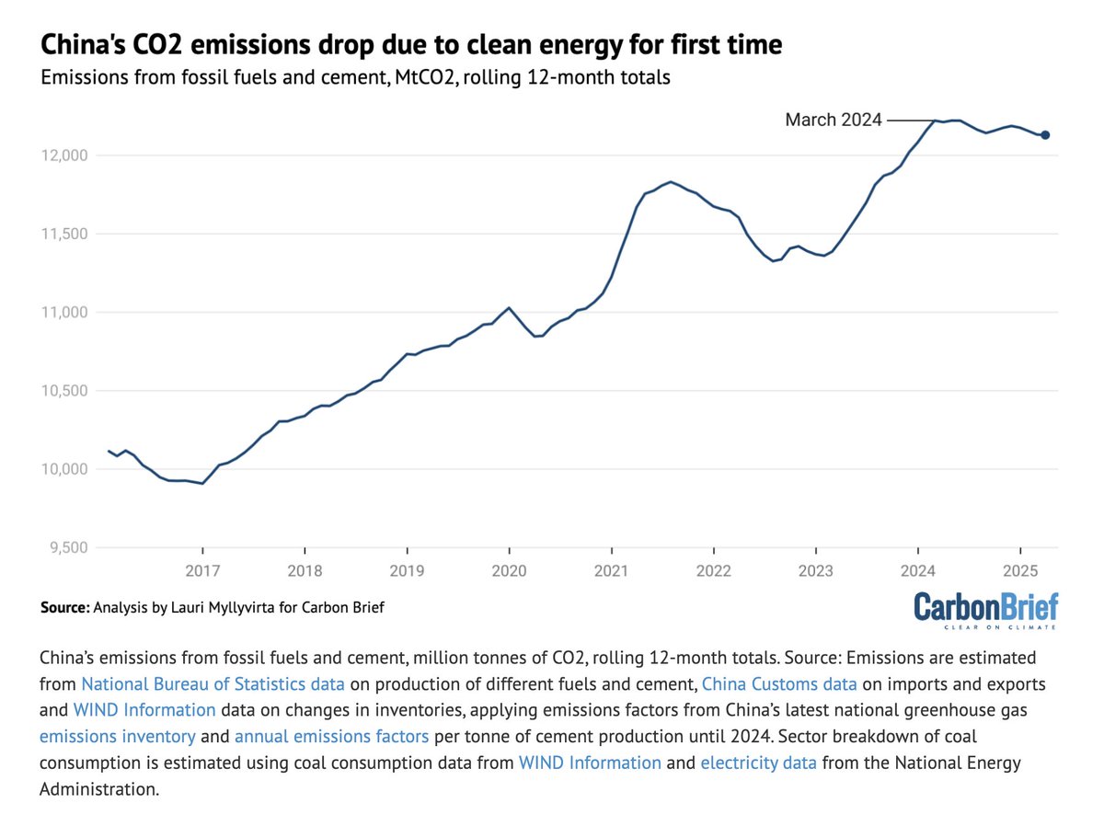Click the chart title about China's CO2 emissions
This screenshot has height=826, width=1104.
tap(410, 45)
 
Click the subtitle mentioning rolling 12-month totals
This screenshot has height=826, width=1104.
tap(355, 78)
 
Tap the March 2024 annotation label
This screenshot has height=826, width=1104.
tap(833, 120)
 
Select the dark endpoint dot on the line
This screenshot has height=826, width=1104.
tap(1045, 135)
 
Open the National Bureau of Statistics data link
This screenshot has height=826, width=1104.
tap(213, 683)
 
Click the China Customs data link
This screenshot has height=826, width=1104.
tap(779, 683)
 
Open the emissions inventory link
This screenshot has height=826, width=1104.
tap(117, 737)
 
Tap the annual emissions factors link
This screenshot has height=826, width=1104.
tap(331, 737)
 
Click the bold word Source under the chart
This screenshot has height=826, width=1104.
tap(64, 608)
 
